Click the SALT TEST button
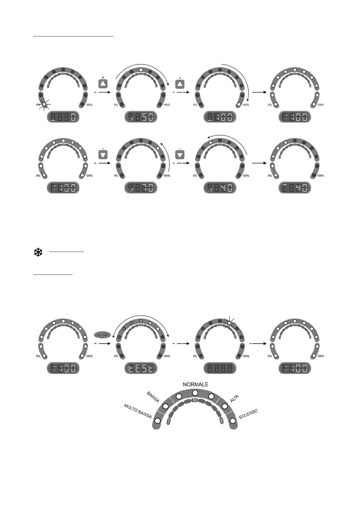pos(102,335)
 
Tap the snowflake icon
pos(38,252)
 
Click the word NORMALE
pos(195,384)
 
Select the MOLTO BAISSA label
pos(138,411)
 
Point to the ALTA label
pos(234,399)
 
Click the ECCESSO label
pos(248,414)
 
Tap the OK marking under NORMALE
pos(195,400)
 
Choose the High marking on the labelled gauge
pos(221,421)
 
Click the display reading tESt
pos(141,368)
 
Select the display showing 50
pos(141,117)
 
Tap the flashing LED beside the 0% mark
pos(44,104)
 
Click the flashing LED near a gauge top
pos(229,323)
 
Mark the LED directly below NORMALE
pos(195,393)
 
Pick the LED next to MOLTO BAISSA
pos(157,421)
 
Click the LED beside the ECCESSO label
pos(233,421)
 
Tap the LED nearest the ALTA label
pos(224,407)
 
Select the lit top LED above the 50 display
pos(141,70)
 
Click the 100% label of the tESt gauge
pos(167,356)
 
